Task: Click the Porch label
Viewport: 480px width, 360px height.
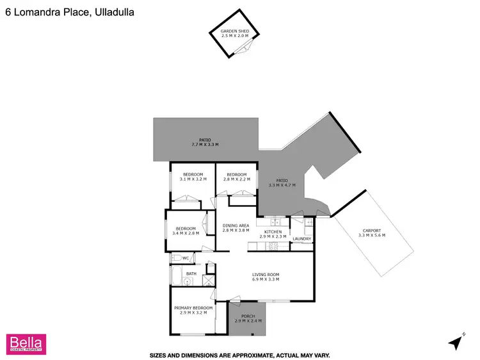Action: click(247, 316)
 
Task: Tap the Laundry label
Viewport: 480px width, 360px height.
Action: click(301, 240)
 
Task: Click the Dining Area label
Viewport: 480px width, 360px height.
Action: click(236, 225)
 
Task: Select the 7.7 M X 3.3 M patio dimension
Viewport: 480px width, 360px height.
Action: click(205, 144)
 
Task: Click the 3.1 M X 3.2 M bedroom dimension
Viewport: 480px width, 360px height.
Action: click(193, 179)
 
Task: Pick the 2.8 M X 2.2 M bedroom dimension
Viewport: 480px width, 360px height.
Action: click(236, 179)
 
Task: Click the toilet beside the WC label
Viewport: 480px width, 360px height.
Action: click(175, 258)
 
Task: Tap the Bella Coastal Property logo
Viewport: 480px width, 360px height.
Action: click(25, 343)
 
